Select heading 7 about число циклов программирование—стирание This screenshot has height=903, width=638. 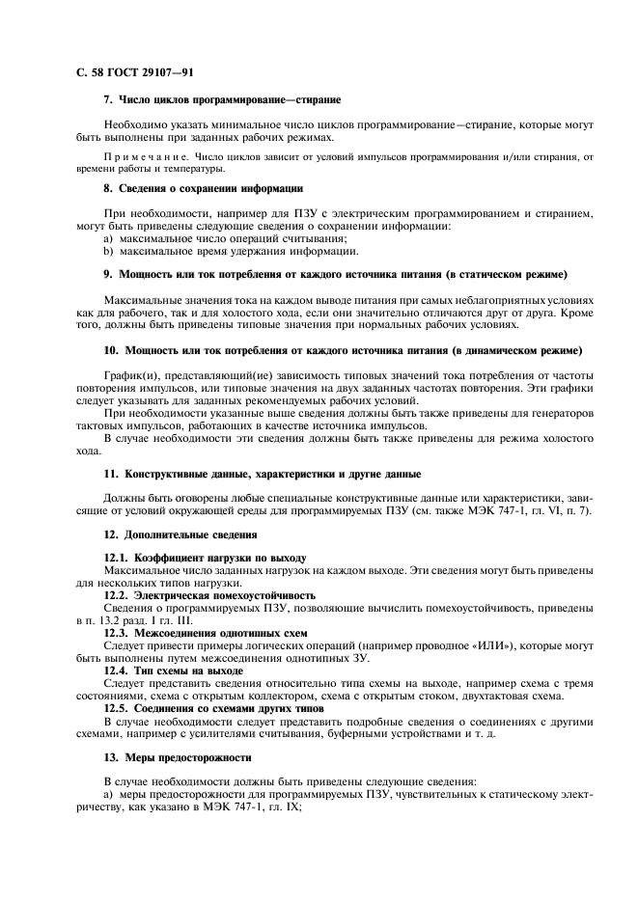point(221,100)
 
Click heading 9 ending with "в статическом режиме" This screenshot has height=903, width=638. point(335,275)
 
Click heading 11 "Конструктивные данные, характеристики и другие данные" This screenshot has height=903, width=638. point(262,474)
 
